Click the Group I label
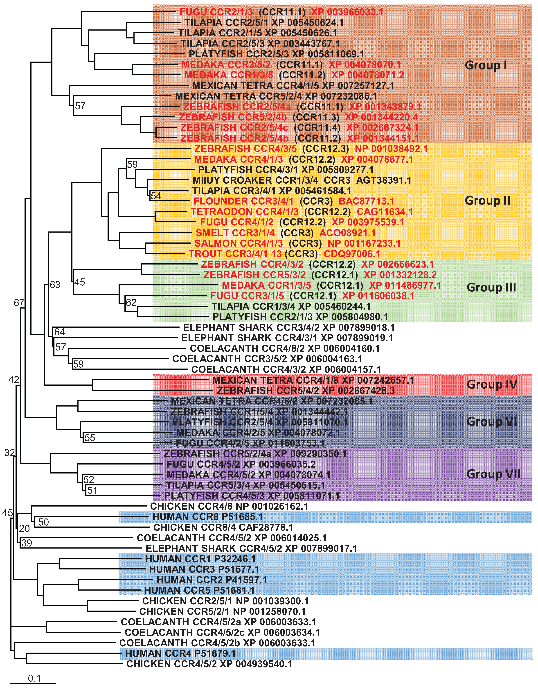[x=486, y=65]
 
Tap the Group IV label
[x=492, y=385]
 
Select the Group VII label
[x=493, y=474]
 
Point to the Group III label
[x=491, y=287]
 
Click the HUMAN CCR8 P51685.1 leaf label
[x=207, y=517]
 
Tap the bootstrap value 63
[x=55, y=285]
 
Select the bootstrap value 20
[x=24, y=528]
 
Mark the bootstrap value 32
[x=9, y=453]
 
